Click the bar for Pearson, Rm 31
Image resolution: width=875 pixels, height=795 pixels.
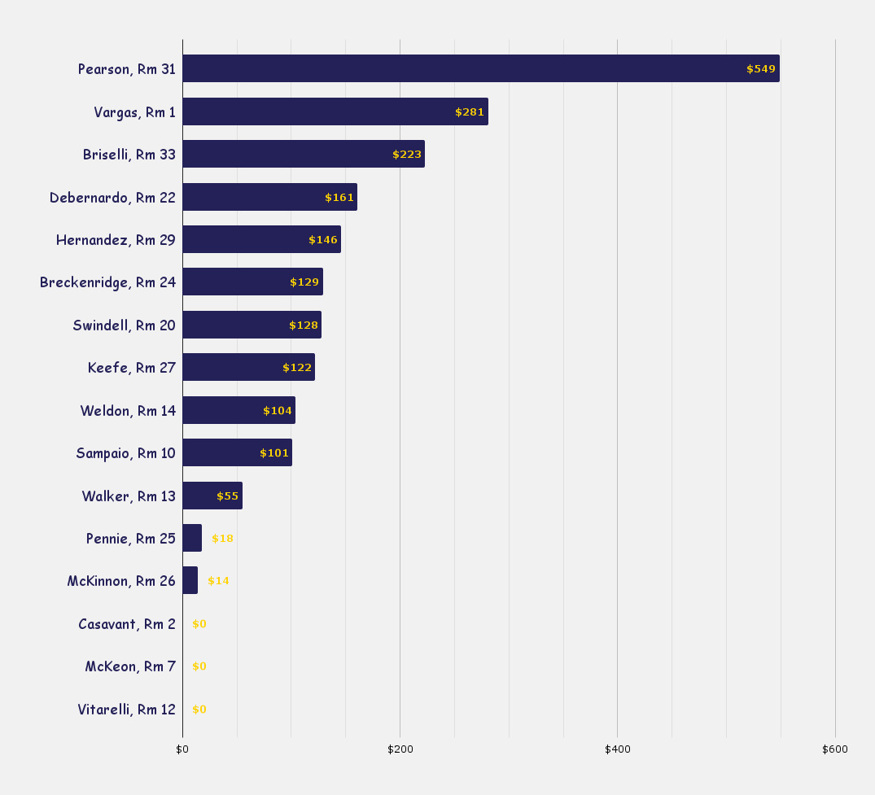tap(480, 68)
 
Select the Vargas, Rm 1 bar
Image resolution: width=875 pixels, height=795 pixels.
tap(335, 111)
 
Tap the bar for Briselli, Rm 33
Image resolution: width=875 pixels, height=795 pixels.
tap(303, 154)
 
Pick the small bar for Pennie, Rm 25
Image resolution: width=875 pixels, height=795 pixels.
tap(192, 538)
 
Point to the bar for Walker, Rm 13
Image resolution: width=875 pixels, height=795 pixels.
tap(212, 496)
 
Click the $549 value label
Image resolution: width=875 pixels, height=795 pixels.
tap(761, 69)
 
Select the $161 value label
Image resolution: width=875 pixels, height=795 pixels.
tap(339, 198)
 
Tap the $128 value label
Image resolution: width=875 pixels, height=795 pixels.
tap(304, 325)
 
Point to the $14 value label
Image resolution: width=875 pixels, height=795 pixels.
tap(218, 581)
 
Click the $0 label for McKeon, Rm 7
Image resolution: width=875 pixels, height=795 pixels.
tap(199, 666)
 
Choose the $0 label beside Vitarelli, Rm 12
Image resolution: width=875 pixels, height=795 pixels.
tap(199, 710)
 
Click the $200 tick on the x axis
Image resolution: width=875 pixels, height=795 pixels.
tap(400, 749)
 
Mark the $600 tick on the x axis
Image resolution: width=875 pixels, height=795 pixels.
tap(834, 749)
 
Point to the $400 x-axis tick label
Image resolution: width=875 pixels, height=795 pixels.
tap(617, 749)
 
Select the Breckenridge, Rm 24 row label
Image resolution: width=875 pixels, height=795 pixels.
tap(107, 282)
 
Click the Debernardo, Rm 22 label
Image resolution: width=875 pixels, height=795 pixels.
tap(112, 197)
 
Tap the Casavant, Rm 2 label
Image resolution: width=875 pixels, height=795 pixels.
tap(127, 624)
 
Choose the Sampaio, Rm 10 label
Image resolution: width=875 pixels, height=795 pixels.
tap(125, 453)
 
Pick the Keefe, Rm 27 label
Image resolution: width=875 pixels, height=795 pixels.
tap(132, 368)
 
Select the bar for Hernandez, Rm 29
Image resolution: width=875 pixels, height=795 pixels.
tap(261, 239)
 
